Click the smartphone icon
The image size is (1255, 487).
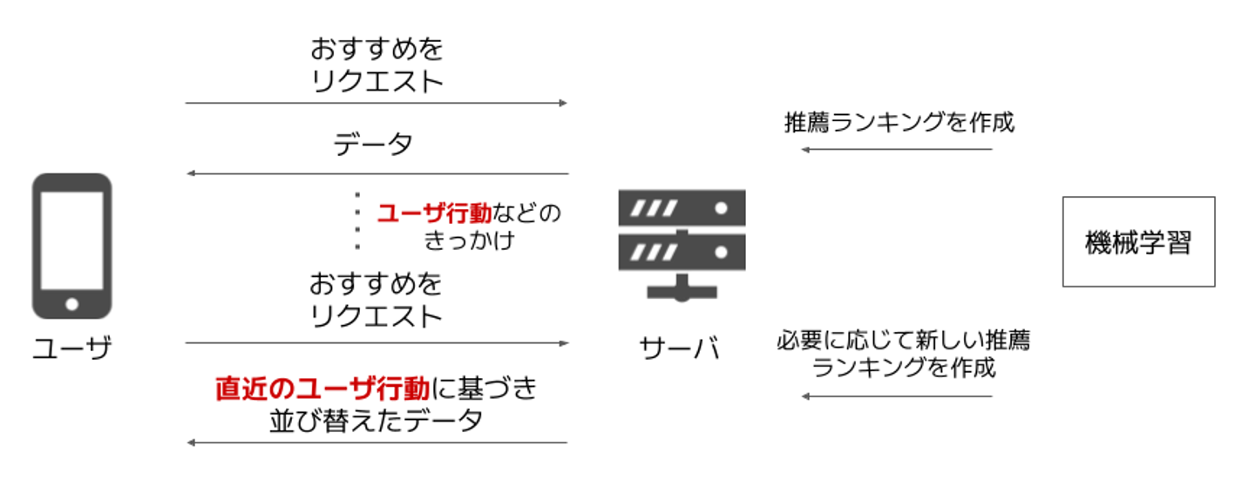71,246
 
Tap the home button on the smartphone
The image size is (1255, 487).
71,304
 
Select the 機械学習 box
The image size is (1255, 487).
1137,241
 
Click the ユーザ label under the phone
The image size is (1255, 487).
71,348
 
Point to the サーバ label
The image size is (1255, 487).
680,348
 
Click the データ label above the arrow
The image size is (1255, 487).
373,145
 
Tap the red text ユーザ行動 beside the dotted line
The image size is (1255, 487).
433,212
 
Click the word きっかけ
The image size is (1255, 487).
468,240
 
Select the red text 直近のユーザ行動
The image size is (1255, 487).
322,389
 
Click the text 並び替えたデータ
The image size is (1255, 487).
376,421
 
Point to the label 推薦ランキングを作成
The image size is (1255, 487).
899,123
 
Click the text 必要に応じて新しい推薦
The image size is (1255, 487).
902,340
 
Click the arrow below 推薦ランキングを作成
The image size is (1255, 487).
897,150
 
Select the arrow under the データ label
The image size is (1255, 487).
376,174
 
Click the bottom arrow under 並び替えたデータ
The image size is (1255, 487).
376,443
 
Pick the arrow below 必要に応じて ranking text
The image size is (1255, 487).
897,396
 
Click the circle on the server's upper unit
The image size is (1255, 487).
722,209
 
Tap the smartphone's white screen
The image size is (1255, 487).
71,240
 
